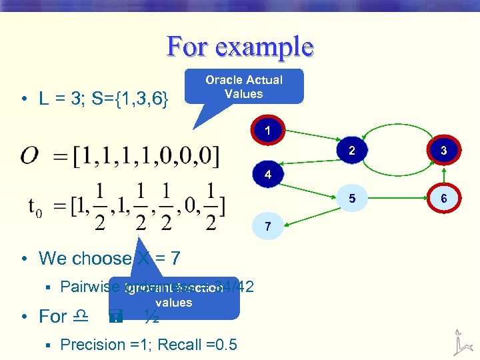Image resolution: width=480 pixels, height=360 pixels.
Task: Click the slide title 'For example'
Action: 240,47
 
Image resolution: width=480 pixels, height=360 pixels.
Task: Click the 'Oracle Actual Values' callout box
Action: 243,87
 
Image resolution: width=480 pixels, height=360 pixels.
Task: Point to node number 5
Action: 351,198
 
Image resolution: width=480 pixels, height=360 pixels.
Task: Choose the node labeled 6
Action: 443,198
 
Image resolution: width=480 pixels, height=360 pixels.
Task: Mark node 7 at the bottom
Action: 267,226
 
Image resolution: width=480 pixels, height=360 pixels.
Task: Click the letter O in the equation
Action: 29,156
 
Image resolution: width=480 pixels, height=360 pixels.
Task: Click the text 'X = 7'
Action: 159,258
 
